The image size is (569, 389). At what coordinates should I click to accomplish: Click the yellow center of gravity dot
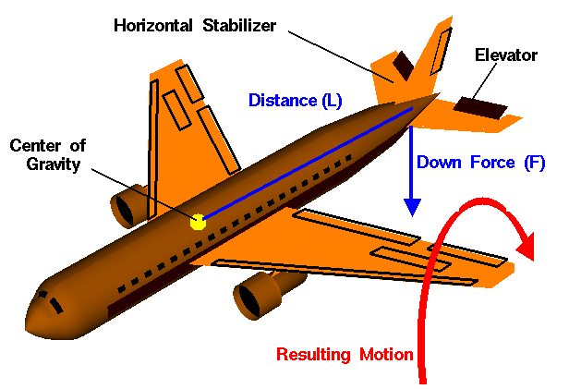coord(198,222)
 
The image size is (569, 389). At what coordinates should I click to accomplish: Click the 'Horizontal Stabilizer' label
coord(194,24)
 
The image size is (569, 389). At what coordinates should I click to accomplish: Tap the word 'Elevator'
coord(505,55)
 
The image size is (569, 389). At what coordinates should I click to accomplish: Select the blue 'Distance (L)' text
coord(295,100)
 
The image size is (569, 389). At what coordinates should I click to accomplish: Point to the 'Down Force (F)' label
coord(479,163)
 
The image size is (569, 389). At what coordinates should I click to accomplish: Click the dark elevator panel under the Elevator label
coord(484,111)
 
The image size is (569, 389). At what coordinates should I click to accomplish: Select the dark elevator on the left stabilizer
coord(402,65)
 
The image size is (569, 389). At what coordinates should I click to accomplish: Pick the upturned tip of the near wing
coord(504,271)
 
